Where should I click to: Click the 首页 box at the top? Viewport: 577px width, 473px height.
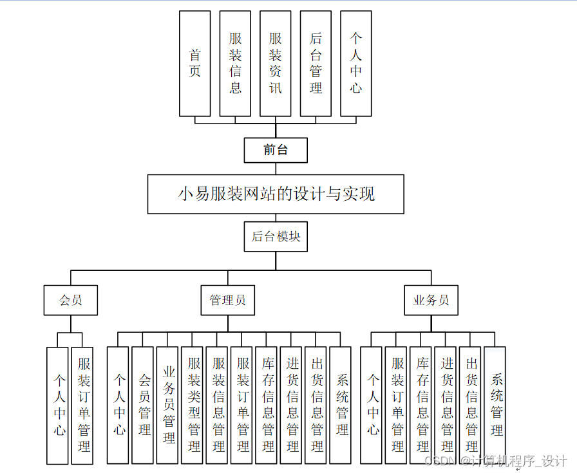click(194, 63)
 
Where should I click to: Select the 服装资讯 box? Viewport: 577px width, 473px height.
click(276, 63)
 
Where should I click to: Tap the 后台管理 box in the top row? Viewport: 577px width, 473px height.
click(316, 63)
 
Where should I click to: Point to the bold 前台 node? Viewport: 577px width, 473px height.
click(276, 151)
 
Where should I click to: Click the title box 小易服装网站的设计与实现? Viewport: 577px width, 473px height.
click(276, 194)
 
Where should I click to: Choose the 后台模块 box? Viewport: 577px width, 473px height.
click(276, 237)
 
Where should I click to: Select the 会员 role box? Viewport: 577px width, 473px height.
click(71, 300)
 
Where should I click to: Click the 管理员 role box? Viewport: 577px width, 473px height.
click(227, 300)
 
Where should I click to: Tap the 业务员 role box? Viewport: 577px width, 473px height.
click(431, 300)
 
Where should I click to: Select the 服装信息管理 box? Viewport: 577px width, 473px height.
click(217, 405)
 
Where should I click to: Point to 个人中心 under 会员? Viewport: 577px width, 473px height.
click(57, 405)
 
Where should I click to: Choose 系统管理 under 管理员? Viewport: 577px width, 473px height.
click(341, 405)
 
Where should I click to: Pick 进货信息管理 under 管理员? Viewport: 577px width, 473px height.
click(291, 405)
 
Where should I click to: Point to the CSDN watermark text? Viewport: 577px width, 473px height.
click(496, 461)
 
